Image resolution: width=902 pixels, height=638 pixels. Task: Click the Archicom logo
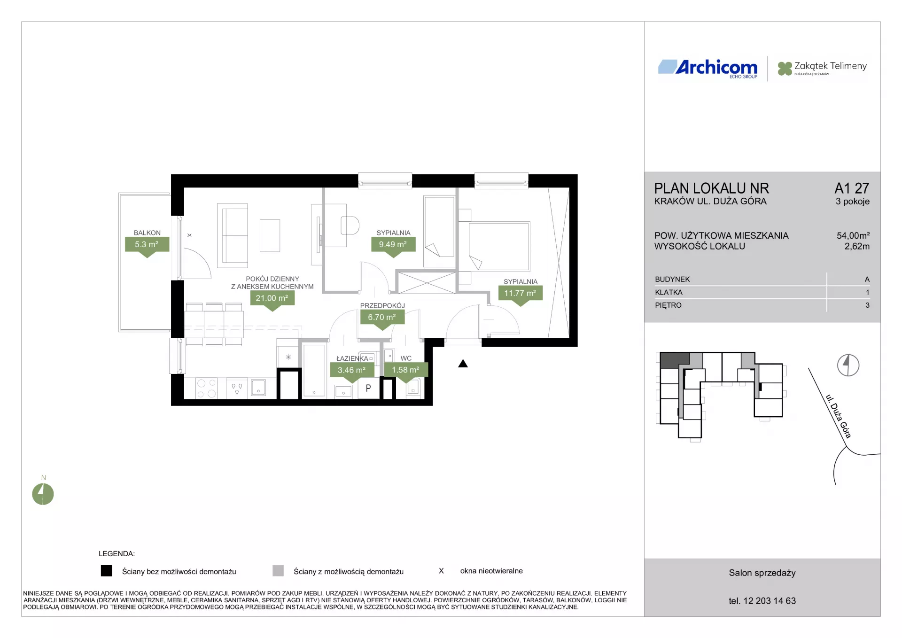tap(708, 69)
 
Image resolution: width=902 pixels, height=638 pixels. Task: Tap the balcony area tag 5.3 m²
tap(147, 246)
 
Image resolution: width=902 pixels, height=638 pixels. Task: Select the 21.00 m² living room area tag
tap(272, 299)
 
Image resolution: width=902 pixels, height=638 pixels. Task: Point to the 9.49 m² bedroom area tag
tap(393, 246)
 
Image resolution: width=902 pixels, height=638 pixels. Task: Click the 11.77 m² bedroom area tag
tap(520, 295)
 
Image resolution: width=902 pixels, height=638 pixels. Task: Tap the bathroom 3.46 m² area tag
tap(352, 372)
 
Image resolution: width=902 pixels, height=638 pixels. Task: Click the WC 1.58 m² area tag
tap(406, 372)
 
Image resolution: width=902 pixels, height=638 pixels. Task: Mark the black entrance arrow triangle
tap(463, 364)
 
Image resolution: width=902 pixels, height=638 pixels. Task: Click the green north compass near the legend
tap(43, 494)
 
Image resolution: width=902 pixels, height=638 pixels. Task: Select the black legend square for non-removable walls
tap(107, 571)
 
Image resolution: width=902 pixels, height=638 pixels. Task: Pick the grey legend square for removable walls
tap(278, 571)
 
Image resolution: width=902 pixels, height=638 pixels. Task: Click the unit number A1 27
tap(852, 188)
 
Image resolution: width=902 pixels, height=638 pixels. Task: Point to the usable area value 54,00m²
tap(853, 235)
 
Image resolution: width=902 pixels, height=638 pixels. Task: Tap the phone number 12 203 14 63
tap(770, 601)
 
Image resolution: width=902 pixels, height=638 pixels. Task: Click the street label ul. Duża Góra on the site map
tap(839, 416)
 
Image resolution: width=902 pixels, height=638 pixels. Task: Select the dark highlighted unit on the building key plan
tap(675, 360)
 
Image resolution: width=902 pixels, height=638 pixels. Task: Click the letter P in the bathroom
tap(368, 388)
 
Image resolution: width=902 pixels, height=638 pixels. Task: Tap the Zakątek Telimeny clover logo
tap(785, 69)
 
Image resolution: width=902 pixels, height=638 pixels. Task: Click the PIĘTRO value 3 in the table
tap(867, 305)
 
